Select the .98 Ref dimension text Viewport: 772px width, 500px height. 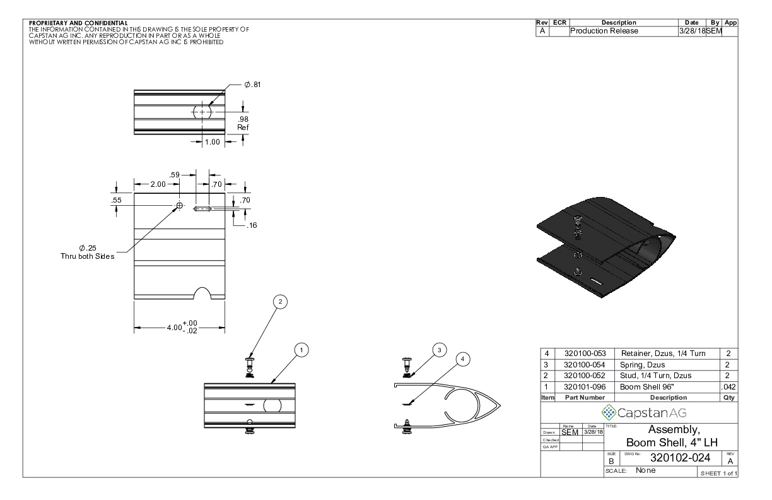243,123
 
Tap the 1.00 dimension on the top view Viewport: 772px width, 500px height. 213,142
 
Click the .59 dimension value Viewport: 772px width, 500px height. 175,175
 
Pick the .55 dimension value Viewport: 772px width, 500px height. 117,199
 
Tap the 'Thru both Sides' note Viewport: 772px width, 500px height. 88,256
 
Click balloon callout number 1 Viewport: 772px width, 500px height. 302,349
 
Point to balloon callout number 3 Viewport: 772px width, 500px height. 440,349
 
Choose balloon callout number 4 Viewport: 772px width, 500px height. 463,359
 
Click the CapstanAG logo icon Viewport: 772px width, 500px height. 609,413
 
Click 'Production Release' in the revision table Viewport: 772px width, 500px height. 604,31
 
